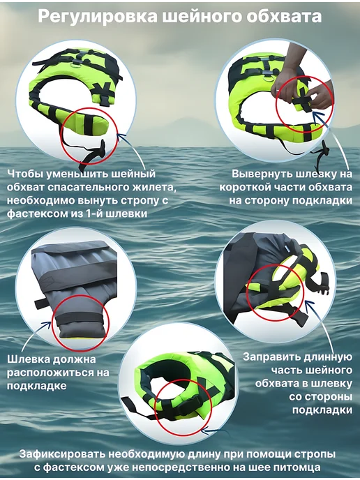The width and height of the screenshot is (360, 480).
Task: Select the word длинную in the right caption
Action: [x=328, y=357]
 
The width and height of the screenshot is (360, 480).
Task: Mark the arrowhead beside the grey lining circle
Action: [x=46, y=325]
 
